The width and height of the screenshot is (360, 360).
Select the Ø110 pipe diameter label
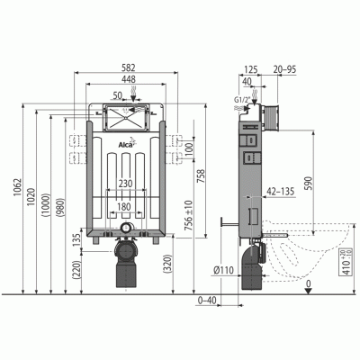pyautogui.click(x=224, y=269)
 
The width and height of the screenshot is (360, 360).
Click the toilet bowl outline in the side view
pyautogui.click(x=315, y=252)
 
